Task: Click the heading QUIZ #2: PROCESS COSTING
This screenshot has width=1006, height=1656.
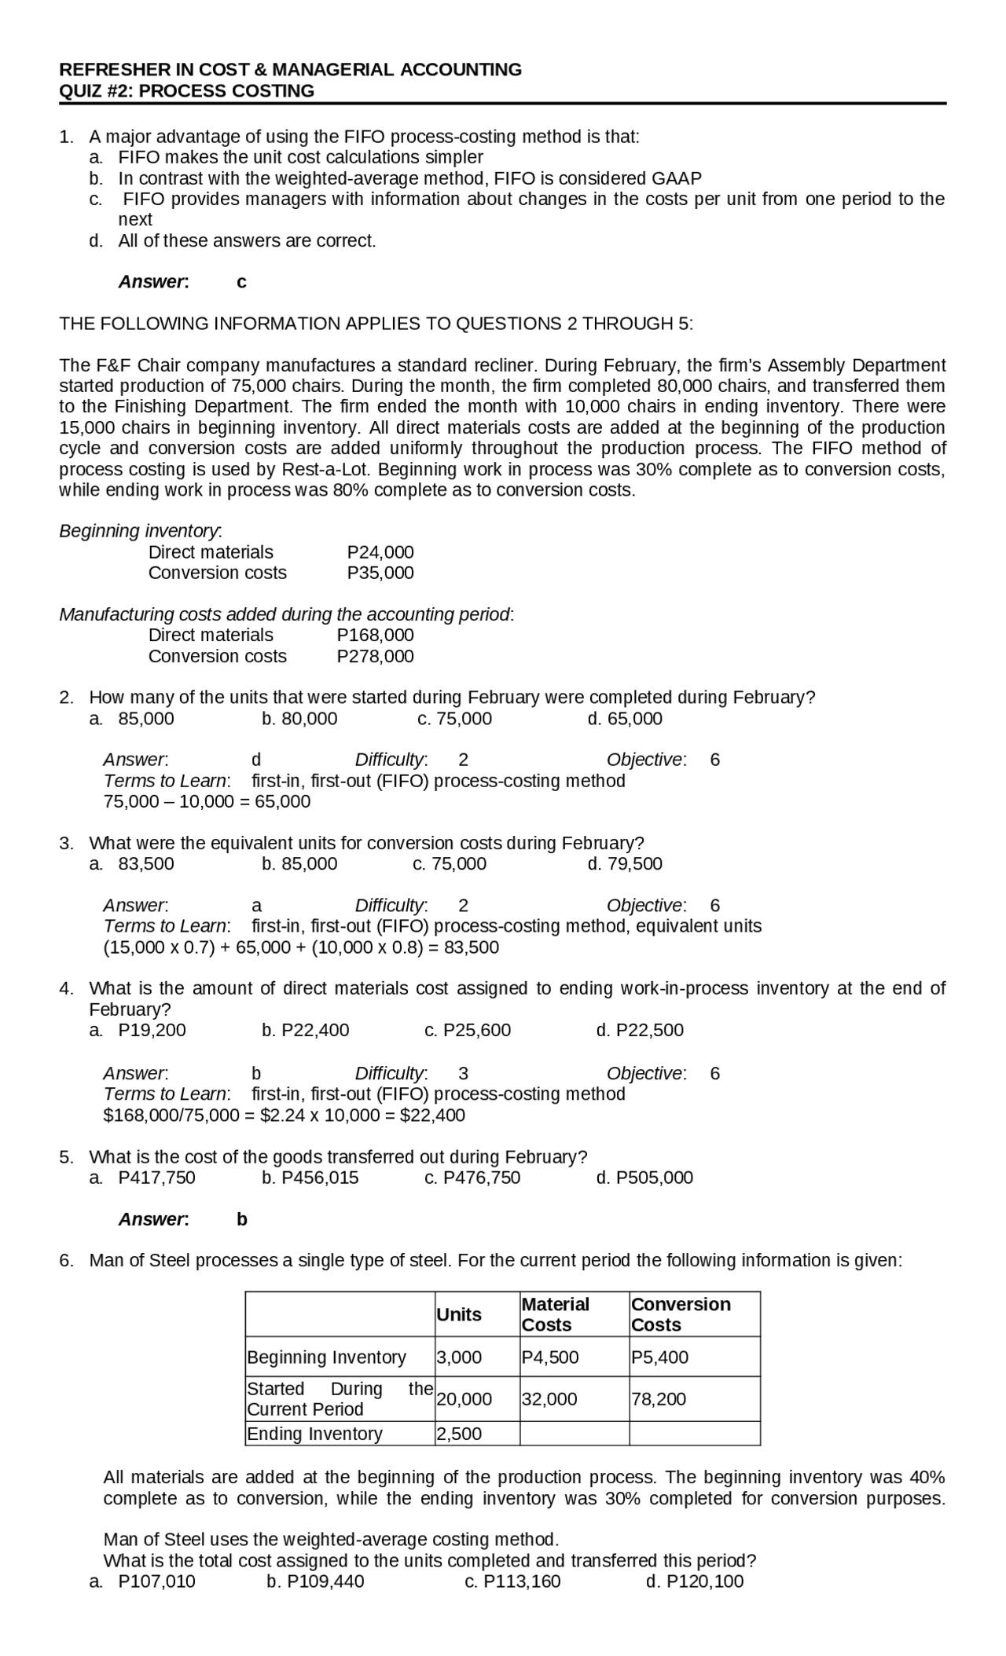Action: (x=187, y=91)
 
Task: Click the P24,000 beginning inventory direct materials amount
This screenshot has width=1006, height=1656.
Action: (x=380, y=552)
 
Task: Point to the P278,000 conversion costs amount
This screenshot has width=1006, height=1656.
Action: (x=375, y=656)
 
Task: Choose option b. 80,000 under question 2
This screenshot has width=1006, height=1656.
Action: (x=299, y=719)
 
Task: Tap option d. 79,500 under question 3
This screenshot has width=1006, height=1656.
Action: (x=625, y=864)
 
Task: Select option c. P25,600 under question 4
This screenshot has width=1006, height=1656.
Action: (x=468, y=1030)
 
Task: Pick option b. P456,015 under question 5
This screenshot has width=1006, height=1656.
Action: (x=310, y=1178)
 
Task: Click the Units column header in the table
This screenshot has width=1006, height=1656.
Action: (x=459, y=1314)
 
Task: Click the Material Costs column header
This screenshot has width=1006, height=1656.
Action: (x=556, y=1314)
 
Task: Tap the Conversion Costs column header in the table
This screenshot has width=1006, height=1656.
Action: (x=681, y=1314)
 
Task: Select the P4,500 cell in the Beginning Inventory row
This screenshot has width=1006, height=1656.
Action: (x=550, y=1357)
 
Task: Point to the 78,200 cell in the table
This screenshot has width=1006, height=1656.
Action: (x=659, y=1399)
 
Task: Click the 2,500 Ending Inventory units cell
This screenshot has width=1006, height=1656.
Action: (x=459, y=1434)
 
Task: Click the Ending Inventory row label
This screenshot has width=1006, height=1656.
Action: (x=315, y=1434)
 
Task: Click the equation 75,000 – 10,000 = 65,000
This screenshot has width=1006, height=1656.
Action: (x=207, y=802)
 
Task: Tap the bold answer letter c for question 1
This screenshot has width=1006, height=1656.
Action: (x=241, y=282)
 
